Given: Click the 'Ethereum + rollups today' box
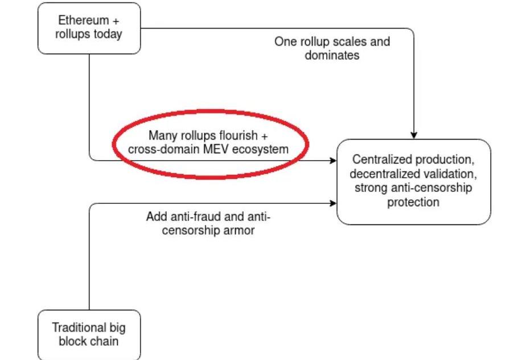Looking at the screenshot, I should point(89,28).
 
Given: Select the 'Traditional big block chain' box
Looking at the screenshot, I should point(89,335).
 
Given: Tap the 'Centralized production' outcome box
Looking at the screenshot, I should point(413,181).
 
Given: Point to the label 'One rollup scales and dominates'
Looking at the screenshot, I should point(332,49).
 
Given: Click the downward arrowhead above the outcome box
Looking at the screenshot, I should point(414,135).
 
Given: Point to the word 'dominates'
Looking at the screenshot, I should point(332,56).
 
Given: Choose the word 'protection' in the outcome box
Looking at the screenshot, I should point(413,202).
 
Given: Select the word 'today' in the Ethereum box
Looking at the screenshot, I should point(108,34).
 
